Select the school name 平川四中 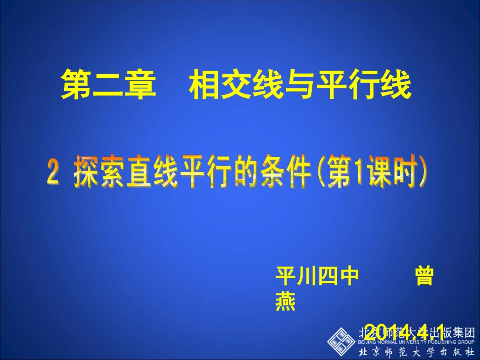[317, 276]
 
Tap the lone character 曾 [424, 276]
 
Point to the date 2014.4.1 [404, 331]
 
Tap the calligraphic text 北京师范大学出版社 [416, 352]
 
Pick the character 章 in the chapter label [138, 85]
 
